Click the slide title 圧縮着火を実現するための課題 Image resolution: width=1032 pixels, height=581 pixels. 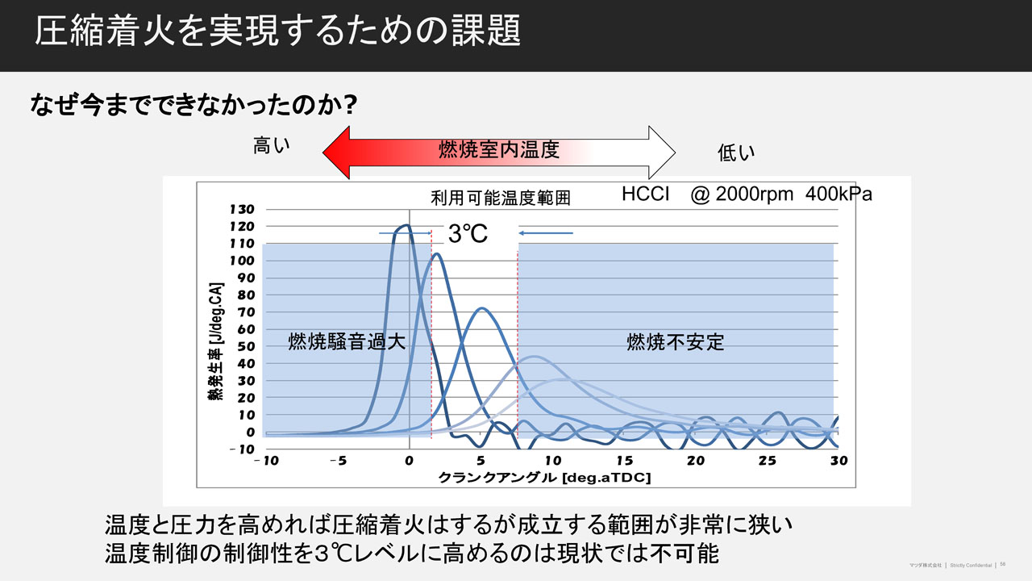277,32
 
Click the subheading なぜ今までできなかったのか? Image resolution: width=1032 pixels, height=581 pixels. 193,106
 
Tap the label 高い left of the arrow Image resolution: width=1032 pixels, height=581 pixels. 272,146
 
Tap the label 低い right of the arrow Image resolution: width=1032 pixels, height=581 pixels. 735,153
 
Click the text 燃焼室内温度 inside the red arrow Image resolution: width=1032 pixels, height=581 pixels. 498,149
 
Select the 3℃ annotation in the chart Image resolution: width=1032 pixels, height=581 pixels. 468,234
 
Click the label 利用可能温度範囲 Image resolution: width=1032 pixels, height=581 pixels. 501,199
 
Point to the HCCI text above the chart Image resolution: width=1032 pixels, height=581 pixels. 646,195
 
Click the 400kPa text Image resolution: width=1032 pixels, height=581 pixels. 838,195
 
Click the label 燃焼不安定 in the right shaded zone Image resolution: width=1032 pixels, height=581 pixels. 676,342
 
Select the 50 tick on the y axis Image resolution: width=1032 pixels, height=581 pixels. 246,346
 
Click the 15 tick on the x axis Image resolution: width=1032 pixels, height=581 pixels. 624,461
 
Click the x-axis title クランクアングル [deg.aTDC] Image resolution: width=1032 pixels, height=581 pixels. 545,478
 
